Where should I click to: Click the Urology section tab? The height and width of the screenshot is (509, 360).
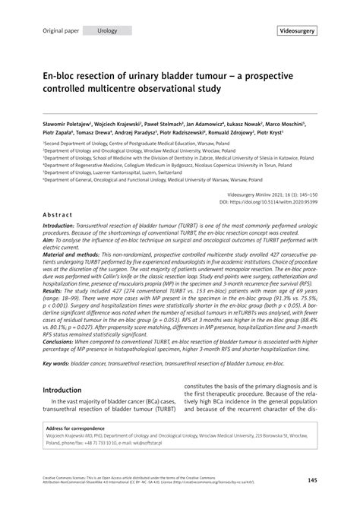pyautogui.click(x=107, y=30)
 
